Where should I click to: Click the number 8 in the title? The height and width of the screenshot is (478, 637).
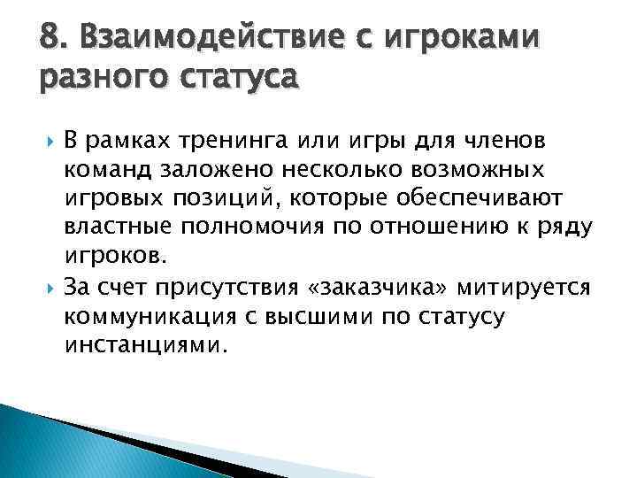[50, 39]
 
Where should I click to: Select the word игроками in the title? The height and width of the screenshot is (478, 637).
[454, 41]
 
